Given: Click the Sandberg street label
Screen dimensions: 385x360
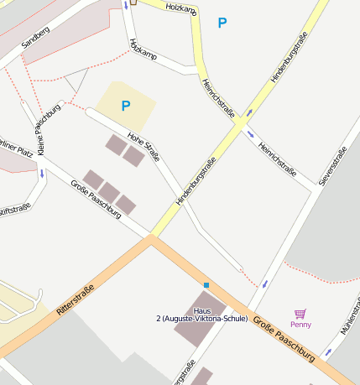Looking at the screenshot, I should click(x=36, y=39).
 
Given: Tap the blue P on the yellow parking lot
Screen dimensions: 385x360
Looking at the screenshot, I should click(x=126, y=106).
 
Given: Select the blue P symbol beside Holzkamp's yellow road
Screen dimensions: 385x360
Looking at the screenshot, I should click(x=222, y=23).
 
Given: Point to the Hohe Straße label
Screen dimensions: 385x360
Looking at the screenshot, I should click(x=143, y=147).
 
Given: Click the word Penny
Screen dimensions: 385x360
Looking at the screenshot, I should click(x=300, y=324).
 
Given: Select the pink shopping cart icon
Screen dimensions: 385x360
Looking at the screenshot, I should click(x=300, y=313).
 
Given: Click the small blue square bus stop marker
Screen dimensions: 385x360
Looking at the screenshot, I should click(x=206, y=285).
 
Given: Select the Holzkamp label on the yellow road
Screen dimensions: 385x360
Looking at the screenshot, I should click(x=181, y=8).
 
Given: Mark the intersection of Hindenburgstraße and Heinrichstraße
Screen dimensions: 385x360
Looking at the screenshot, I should click(x=240, y=122).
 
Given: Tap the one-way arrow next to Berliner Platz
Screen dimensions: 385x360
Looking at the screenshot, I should click(x=42, y=174).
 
